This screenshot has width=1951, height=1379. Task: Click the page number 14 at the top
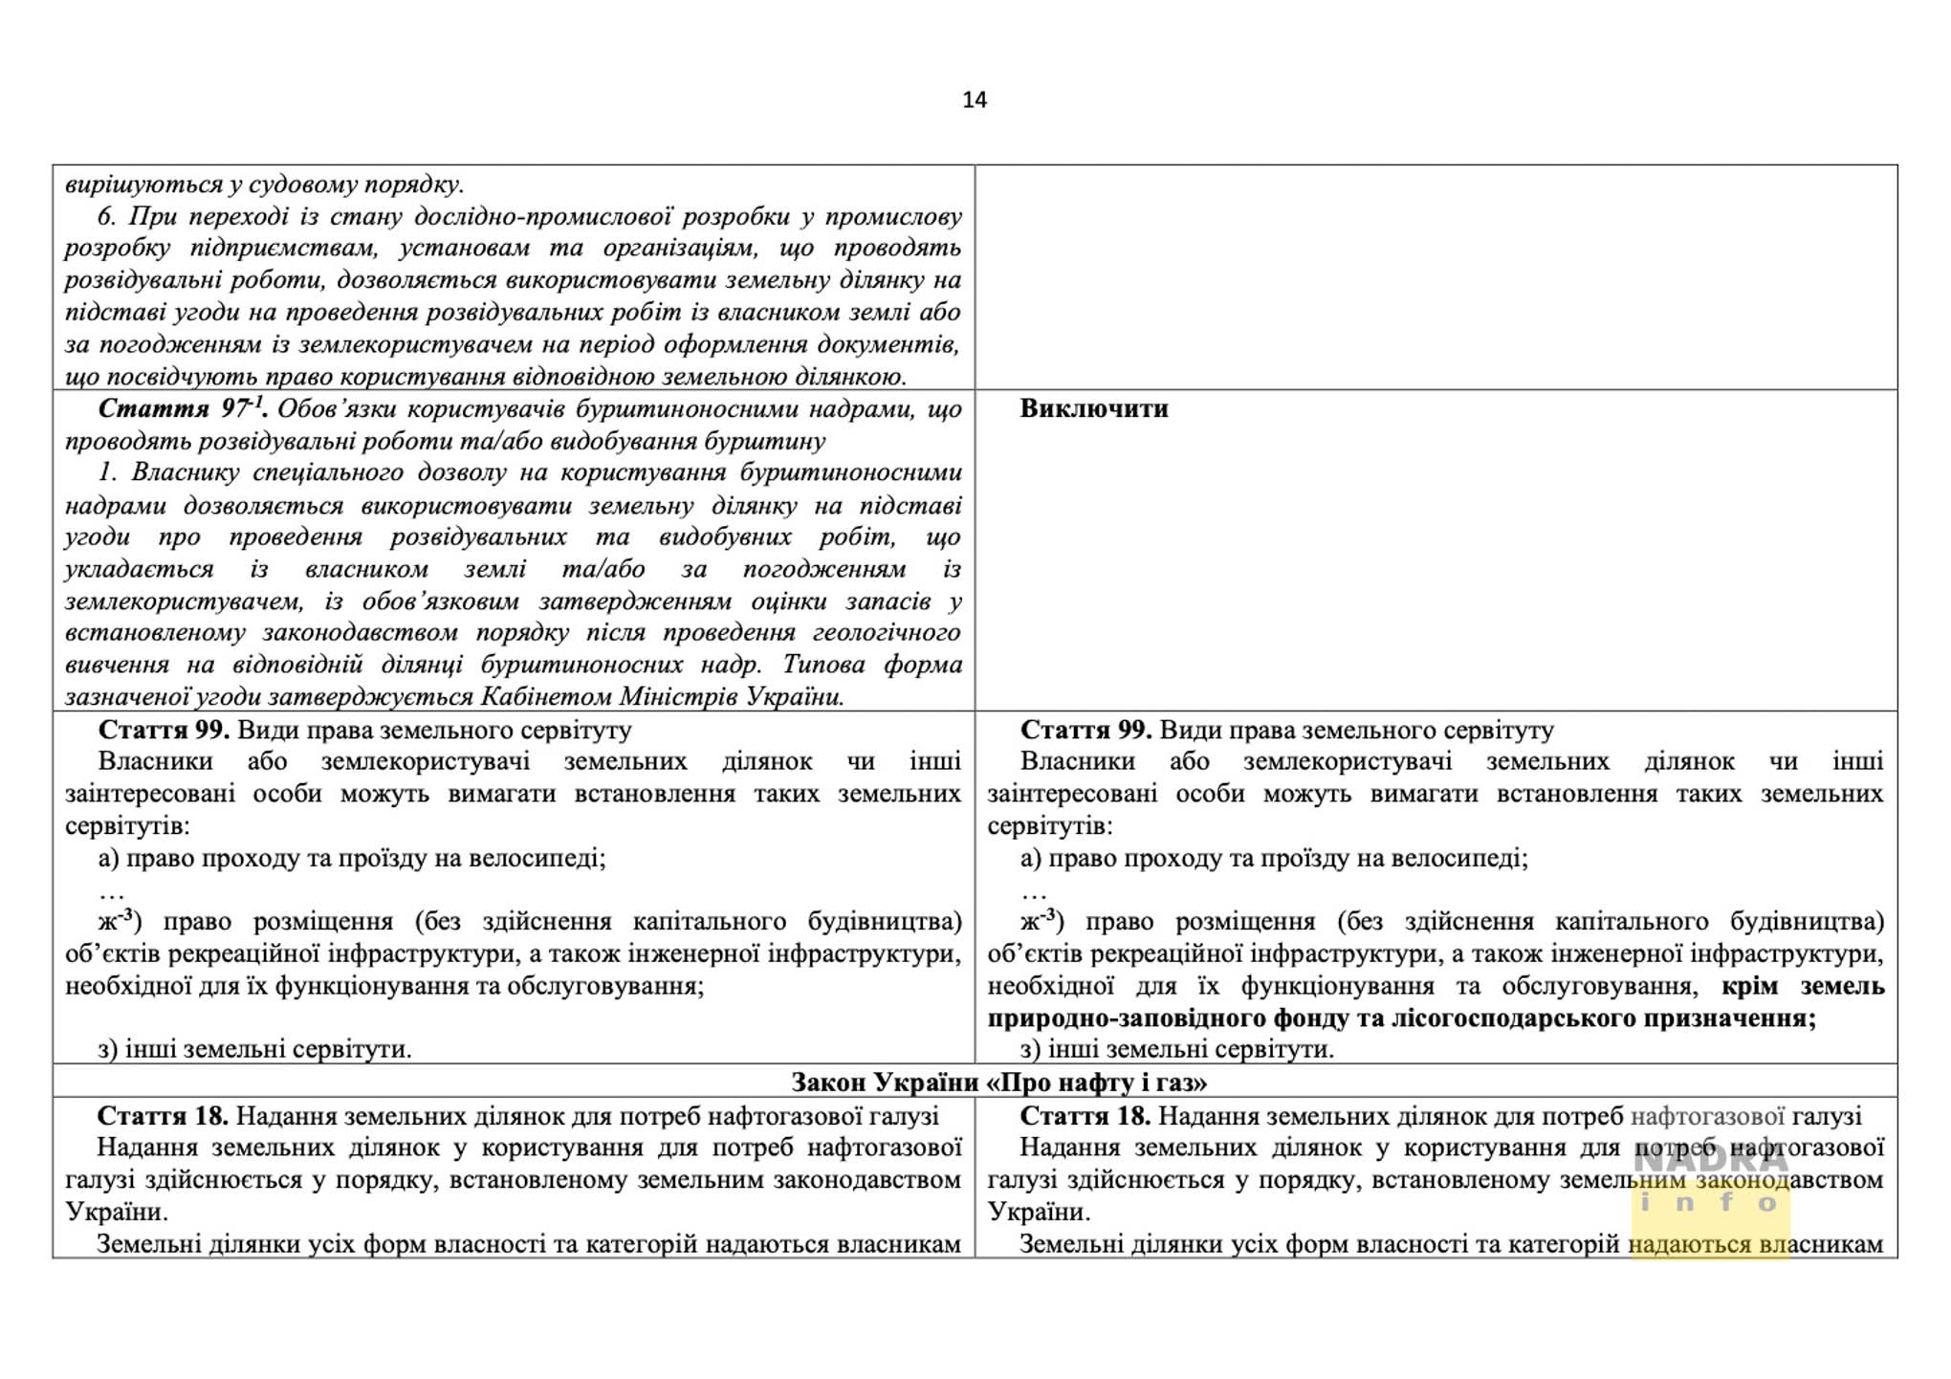coord(974,100)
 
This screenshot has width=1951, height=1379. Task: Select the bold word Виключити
coord(1093,409)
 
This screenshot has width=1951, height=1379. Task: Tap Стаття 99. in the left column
coord(164,731)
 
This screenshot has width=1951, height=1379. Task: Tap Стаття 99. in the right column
coord(1085,731)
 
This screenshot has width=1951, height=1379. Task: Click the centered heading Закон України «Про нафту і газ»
coord(998,1082)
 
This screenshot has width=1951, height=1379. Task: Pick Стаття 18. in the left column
coord(163,1116)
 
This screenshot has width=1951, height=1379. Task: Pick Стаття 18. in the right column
coord(1085,1116)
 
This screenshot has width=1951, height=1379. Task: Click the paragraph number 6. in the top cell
coord(107,217)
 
